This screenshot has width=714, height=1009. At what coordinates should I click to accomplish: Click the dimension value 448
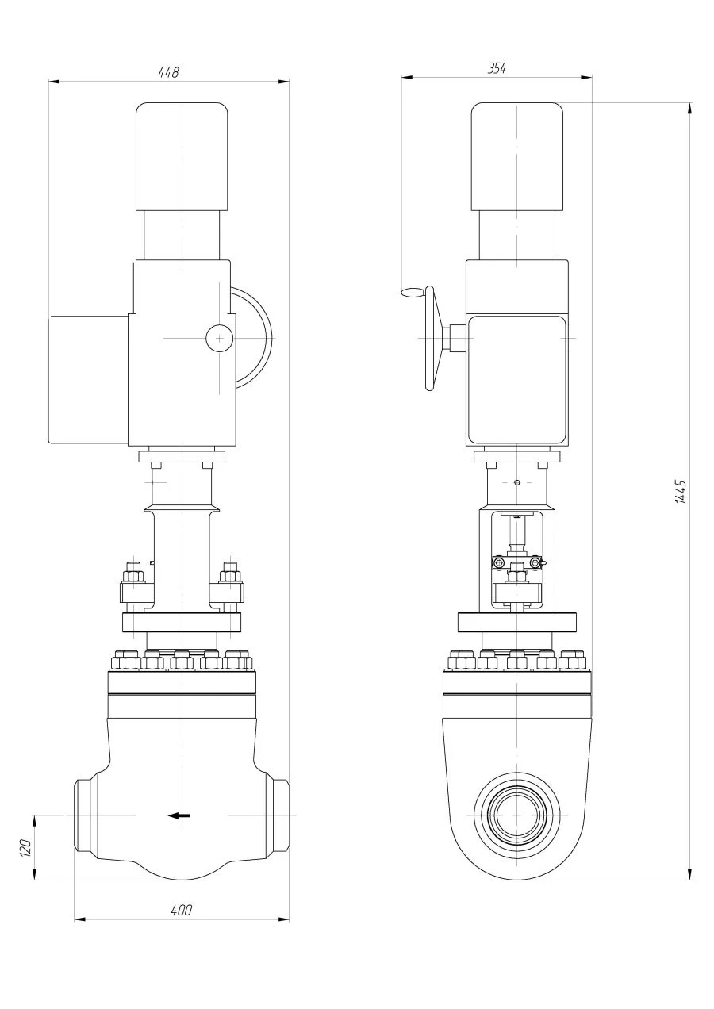(169, 72)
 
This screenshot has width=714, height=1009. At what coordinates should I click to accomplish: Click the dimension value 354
(496, 69)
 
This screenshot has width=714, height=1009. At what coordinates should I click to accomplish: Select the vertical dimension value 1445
(680, 492)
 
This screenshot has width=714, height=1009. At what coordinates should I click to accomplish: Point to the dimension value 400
(182, 910)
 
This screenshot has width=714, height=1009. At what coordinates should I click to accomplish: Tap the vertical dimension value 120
(25, 847)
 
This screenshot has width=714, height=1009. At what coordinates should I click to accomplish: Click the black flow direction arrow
(180, 815)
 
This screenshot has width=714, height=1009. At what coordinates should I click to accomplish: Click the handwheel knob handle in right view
(410, 293)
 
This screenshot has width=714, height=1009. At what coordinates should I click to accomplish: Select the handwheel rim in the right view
(431, 339)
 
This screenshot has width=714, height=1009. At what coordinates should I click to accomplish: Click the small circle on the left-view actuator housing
(217, 338)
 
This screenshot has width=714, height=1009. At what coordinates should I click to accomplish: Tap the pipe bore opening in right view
(516, 815)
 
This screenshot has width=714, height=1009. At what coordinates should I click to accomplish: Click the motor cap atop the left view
(182, 156)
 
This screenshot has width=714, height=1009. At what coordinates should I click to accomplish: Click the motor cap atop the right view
(517, 156)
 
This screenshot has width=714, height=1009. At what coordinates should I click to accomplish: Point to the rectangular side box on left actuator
(88, 379)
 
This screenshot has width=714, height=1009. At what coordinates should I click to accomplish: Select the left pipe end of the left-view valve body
(83, 815)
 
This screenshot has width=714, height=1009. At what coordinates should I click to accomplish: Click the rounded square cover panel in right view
(517, 378)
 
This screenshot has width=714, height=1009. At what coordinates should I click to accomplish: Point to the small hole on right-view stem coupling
(516, 482)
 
